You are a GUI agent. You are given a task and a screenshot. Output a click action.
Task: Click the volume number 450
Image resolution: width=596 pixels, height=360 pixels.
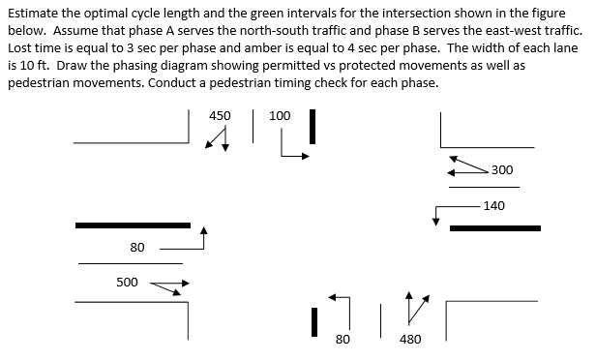pyautogui.click(x=220, y=115)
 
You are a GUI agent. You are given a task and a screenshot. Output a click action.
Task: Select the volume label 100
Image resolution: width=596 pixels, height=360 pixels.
pyautogui.click(x=280, y=115)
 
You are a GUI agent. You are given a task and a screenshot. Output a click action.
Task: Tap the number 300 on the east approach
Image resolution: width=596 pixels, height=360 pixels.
pyautogui.click(x=502, y=170)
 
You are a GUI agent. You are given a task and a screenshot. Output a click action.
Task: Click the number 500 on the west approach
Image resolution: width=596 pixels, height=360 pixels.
pyautogui.click(x=127, y=282)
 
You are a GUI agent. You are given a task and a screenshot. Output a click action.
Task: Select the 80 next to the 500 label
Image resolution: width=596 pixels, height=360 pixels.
pyautogui.click(x=137, y=248)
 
